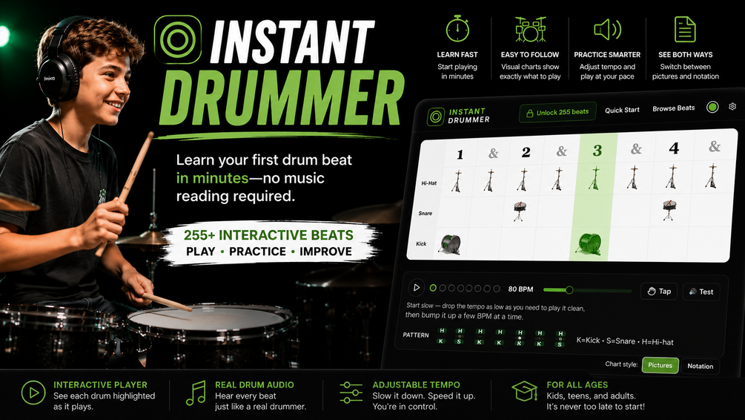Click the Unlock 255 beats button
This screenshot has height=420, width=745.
tap(557, 113)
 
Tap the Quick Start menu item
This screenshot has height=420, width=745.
tap(622, 110)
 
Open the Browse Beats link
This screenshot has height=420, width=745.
tap(673, 108)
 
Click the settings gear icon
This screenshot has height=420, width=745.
tap(732, 107)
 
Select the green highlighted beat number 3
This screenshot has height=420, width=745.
tap(597, 151)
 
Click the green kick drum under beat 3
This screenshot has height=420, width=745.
tap(589, 243)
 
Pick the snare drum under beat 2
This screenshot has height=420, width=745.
tap(520, 211)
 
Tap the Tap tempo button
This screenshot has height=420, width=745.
tap(659, 291)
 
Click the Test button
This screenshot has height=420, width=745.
tap(701, 292)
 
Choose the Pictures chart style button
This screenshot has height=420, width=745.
tap(660, 365)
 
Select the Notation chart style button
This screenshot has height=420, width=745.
tap(700, 367)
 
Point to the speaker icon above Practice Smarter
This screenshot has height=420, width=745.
tap(607, 30)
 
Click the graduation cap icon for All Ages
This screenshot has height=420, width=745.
tap(525, 391)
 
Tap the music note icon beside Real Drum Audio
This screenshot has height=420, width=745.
tap(195, 393)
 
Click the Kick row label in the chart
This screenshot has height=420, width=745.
tap(422, 243)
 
